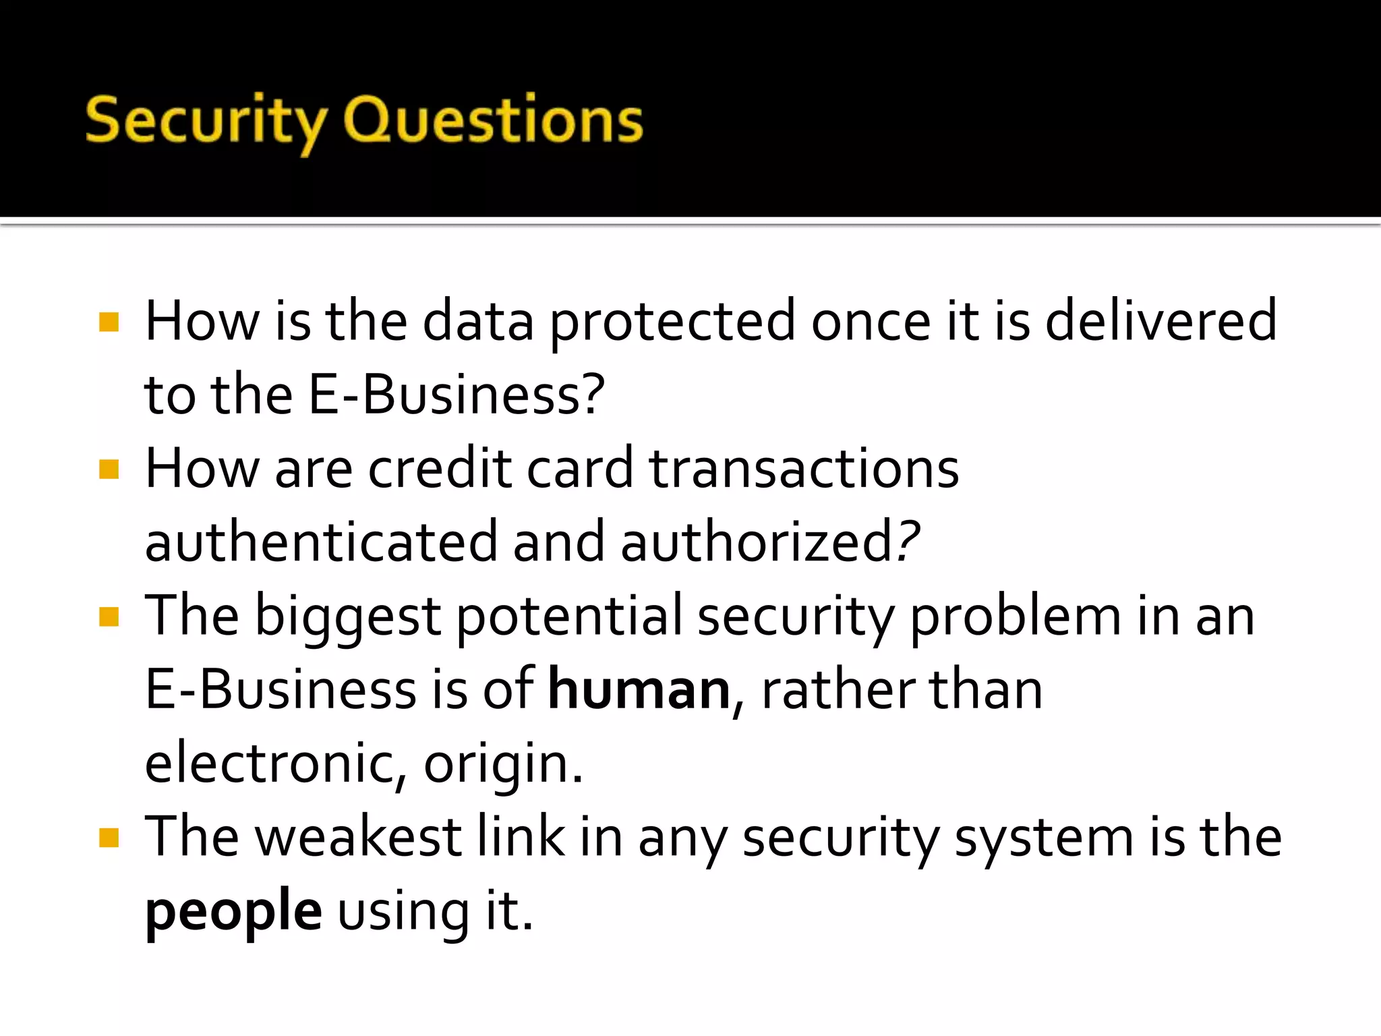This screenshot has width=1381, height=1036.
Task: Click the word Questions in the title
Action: (x=493, y=121)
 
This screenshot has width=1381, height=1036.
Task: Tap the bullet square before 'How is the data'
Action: (x=109, y=322)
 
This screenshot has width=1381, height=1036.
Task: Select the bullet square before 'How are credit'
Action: (x=109, y=469)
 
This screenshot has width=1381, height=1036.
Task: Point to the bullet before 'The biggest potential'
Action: (x=109, y=616)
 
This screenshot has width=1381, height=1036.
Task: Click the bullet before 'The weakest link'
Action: (x=109, y=838)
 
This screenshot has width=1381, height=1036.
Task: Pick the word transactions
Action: (x=804, y=469)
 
